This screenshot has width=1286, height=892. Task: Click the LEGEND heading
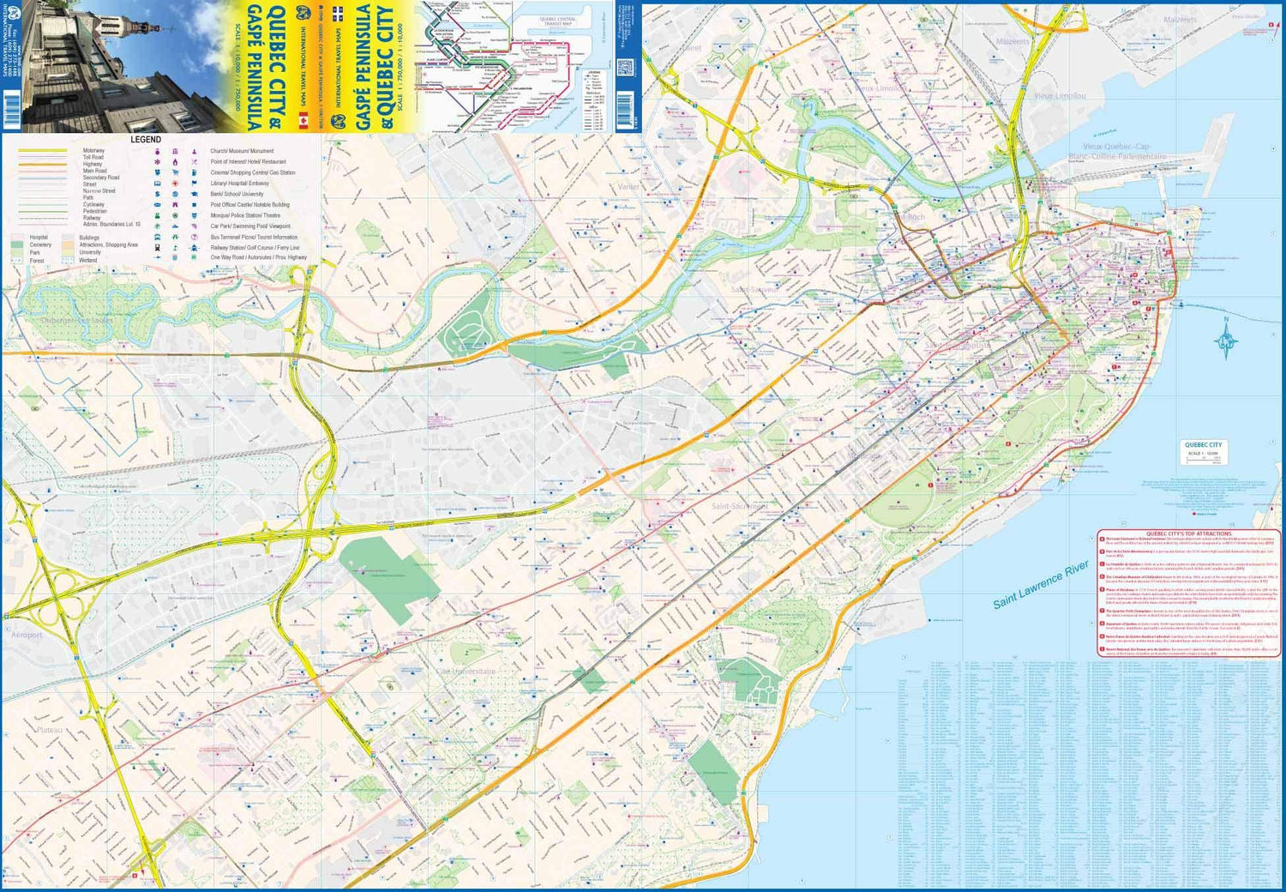pyautogui.click(x=145, y=139)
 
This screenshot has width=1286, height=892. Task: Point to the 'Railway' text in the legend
pyautogui.click(x=92, y=218)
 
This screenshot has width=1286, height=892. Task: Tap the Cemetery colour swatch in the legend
pyautogui.click(x=17, y=245)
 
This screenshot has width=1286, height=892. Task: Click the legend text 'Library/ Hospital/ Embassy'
pyautogui.click(x=239, y=184)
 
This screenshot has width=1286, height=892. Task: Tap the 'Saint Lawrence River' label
pyautogui.click(x=1040, y=585)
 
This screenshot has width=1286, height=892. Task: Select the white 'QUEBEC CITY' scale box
pyautogui.click(x=1203, y=451)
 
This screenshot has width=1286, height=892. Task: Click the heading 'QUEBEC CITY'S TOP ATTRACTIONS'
pyautogui.click(x=1187, y=533)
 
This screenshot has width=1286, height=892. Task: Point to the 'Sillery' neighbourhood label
pyautogui.click(x=769, y=640)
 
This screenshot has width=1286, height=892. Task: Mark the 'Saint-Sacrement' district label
pyautogui.click(x=739, y=506)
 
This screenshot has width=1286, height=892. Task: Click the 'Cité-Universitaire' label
pyautogui.click(x=466, y=672)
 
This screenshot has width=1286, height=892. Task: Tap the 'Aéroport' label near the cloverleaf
pyautogui.click(x=27, y=635)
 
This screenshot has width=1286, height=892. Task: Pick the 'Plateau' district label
pyautogui.click(x=49, y=730)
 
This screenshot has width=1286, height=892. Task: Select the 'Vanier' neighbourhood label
pyautogui.click(x=628, y=186)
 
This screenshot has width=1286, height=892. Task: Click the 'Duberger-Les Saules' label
pyautogui.click(x=77, y=321)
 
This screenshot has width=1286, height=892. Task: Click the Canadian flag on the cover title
pyautogui.click(x=302, y=119)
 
